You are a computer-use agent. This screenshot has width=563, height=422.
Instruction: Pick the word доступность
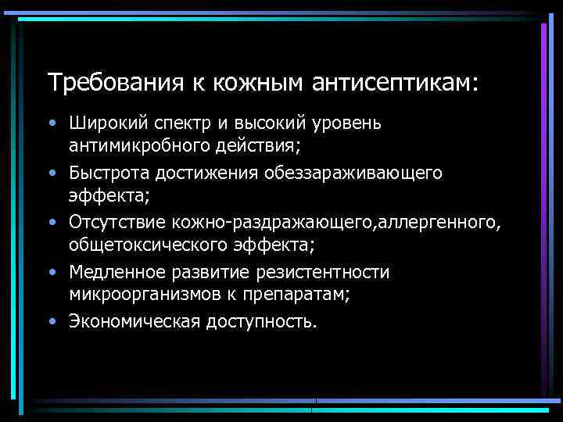262,321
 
